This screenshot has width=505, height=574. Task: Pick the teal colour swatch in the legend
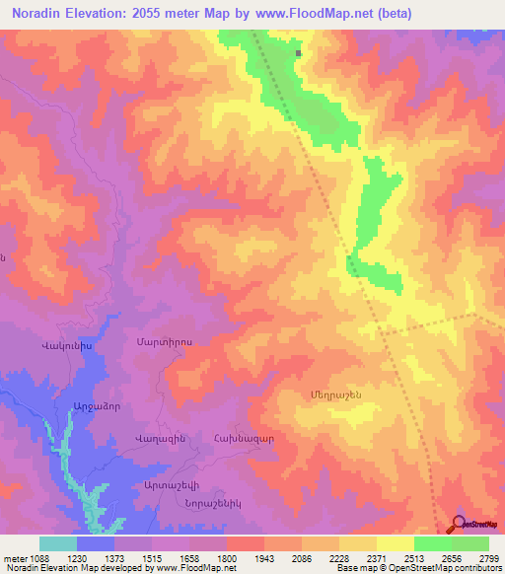point(57,543)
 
